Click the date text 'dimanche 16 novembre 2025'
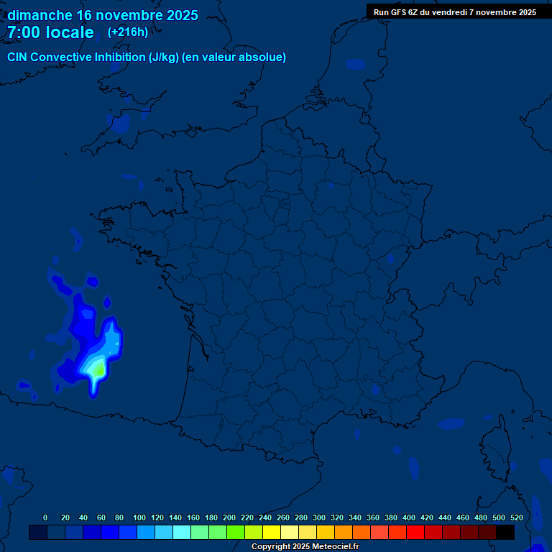coord(103,15)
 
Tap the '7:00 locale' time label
coord(50,32)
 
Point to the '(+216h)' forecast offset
coord(128,32)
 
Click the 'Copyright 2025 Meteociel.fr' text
coord(305,546)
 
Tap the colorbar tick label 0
coord(45,517)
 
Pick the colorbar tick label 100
coord(139,517)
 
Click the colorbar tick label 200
coord(229,517)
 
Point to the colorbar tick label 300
coord(319,517)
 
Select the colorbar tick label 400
coord(409,517)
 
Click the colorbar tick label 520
coord(516,517)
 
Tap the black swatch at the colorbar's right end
coord(505,532)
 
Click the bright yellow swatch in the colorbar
coord(272,532)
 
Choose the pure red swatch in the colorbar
coord(415,532)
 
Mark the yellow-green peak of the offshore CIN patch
coord(98,370)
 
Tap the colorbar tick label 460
coord(463,517)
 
